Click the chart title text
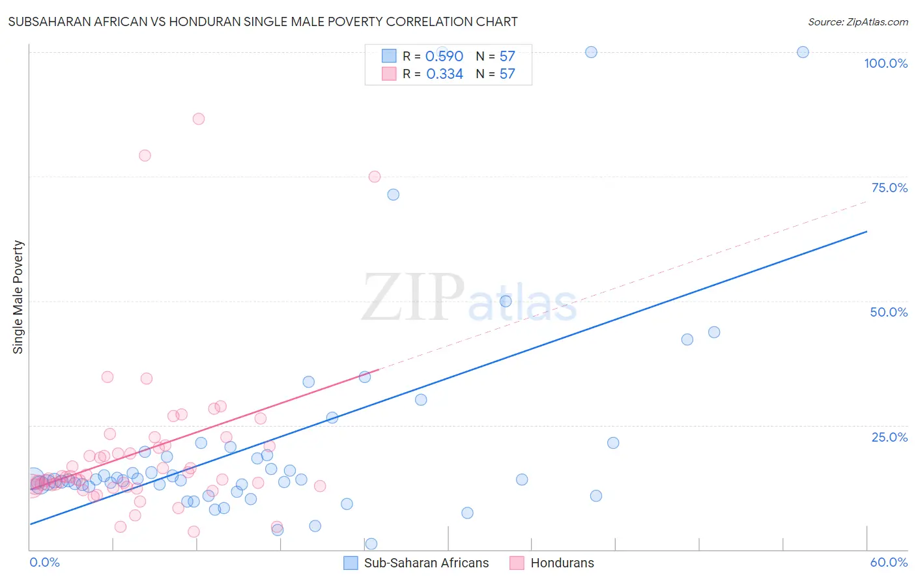(263, 21)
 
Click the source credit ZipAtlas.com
(857, 21)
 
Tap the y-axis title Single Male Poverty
(18, 297)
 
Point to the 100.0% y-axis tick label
(885, 63)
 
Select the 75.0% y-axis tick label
(889, 188)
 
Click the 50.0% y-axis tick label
(889, 312)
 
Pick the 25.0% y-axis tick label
(889, 437)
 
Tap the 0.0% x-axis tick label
(44, 562)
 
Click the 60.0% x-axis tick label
(889, 562)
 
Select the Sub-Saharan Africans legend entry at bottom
(416, 563)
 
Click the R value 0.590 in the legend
(444, 57)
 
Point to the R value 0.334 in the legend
(444, 74)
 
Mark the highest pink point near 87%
(199, 119)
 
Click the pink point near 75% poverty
(375, 177)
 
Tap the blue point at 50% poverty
(506, 301)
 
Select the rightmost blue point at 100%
(803, 52)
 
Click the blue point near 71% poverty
(393, 195)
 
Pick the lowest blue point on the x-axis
(371, 544)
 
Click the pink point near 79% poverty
(145, 156)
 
